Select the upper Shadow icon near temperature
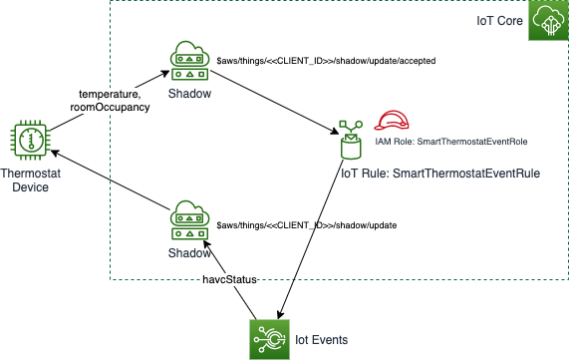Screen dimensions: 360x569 pos(188,62)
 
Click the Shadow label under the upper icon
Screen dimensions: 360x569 pos(188,93)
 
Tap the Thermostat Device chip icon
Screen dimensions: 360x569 pos(30,141)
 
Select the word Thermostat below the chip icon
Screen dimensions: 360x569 pos(30,174)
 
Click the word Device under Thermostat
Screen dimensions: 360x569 pos(30,186)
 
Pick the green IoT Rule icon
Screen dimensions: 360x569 pos(350,141)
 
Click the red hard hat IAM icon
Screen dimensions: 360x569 pos(392,121)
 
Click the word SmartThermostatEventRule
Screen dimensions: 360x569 pos(466,174)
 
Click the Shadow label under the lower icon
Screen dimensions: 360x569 pos(188,253)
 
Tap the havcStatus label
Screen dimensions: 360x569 pos(230,280)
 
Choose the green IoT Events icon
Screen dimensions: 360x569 pos(269,339)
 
